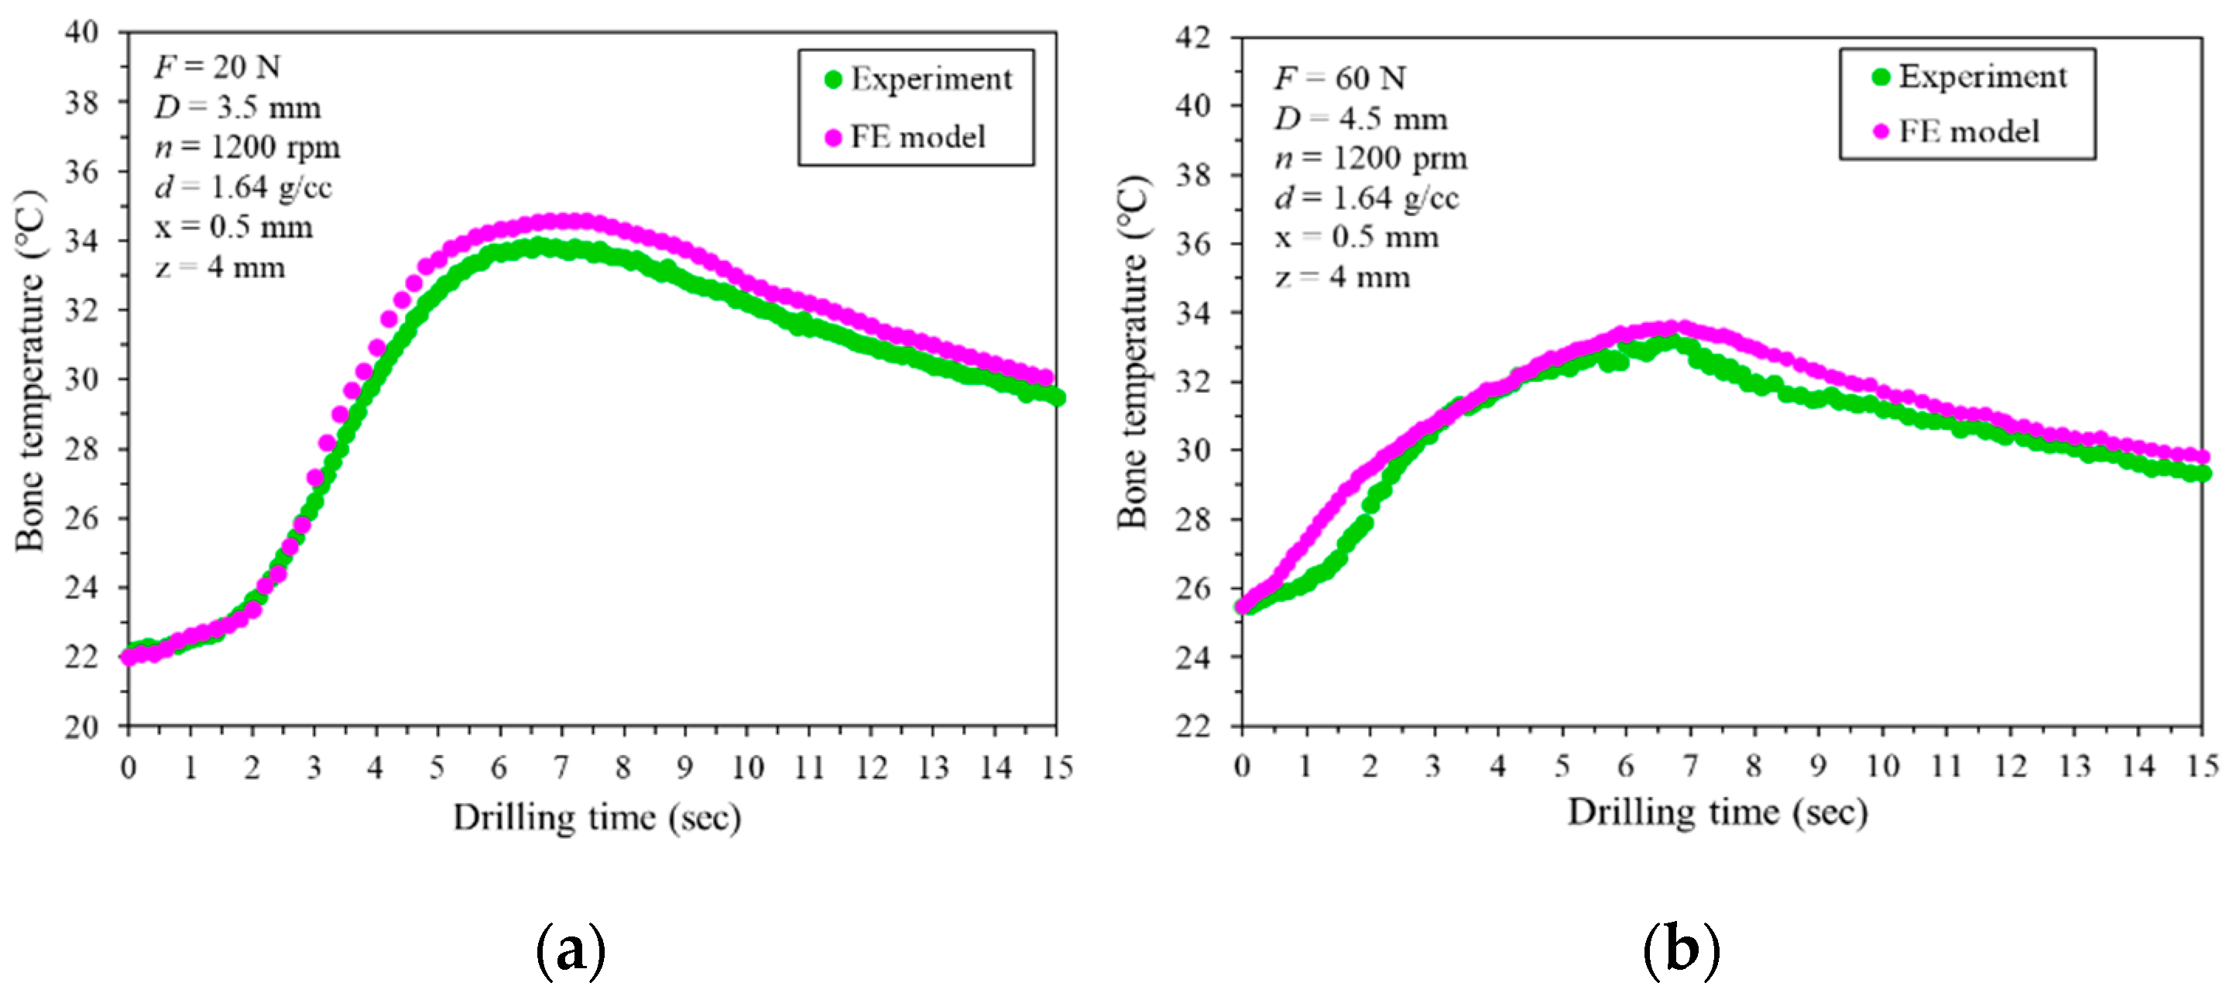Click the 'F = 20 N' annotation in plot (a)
pyautogui.click(x=217, y=67)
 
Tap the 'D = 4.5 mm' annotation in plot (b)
pyautogui.click(x=1360, y=119)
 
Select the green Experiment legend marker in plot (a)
pyautogui.click(x=832, y=80)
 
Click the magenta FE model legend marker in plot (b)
pyautogui.click(x=1880, y=132)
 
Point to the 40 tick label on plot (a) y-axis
pyautogui.click(x=83, y=32)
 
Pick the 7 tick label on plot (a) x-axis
pyautogui.click(x=561, y=768)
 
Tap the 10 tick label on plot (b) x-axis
pyautogui.click(x=1882, y=765)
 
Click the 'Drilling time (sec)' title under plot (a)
pyautogui.click(x=596, y=818)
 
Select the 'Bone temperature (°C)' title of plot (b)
pyautogui.click(x=1133, y=352)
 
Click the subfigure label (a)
pyautogui.click(x=571, y=951)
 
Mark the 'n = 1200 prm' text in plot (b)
pyautogui.click(x=1370, y=159)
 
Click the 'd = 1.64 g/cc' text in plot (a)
pyautogui.click(x=243, y=187)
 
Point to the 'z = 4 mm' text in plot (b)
pyautogui.click(x=1342, y=278)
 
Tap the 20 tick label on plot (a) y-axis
pyautogui.click(x=83, y=727)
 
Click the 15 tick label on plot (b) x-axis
pyautogui.click(x=2202, y=765)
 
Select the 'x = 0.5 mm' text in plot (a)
pyautogui.click(x=234, y=228)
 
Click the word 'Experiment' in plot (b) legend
pyautogui.click(x=1983, y=77)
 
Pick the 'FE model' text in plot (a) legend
pyautogui.click(x=917, y=137)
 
